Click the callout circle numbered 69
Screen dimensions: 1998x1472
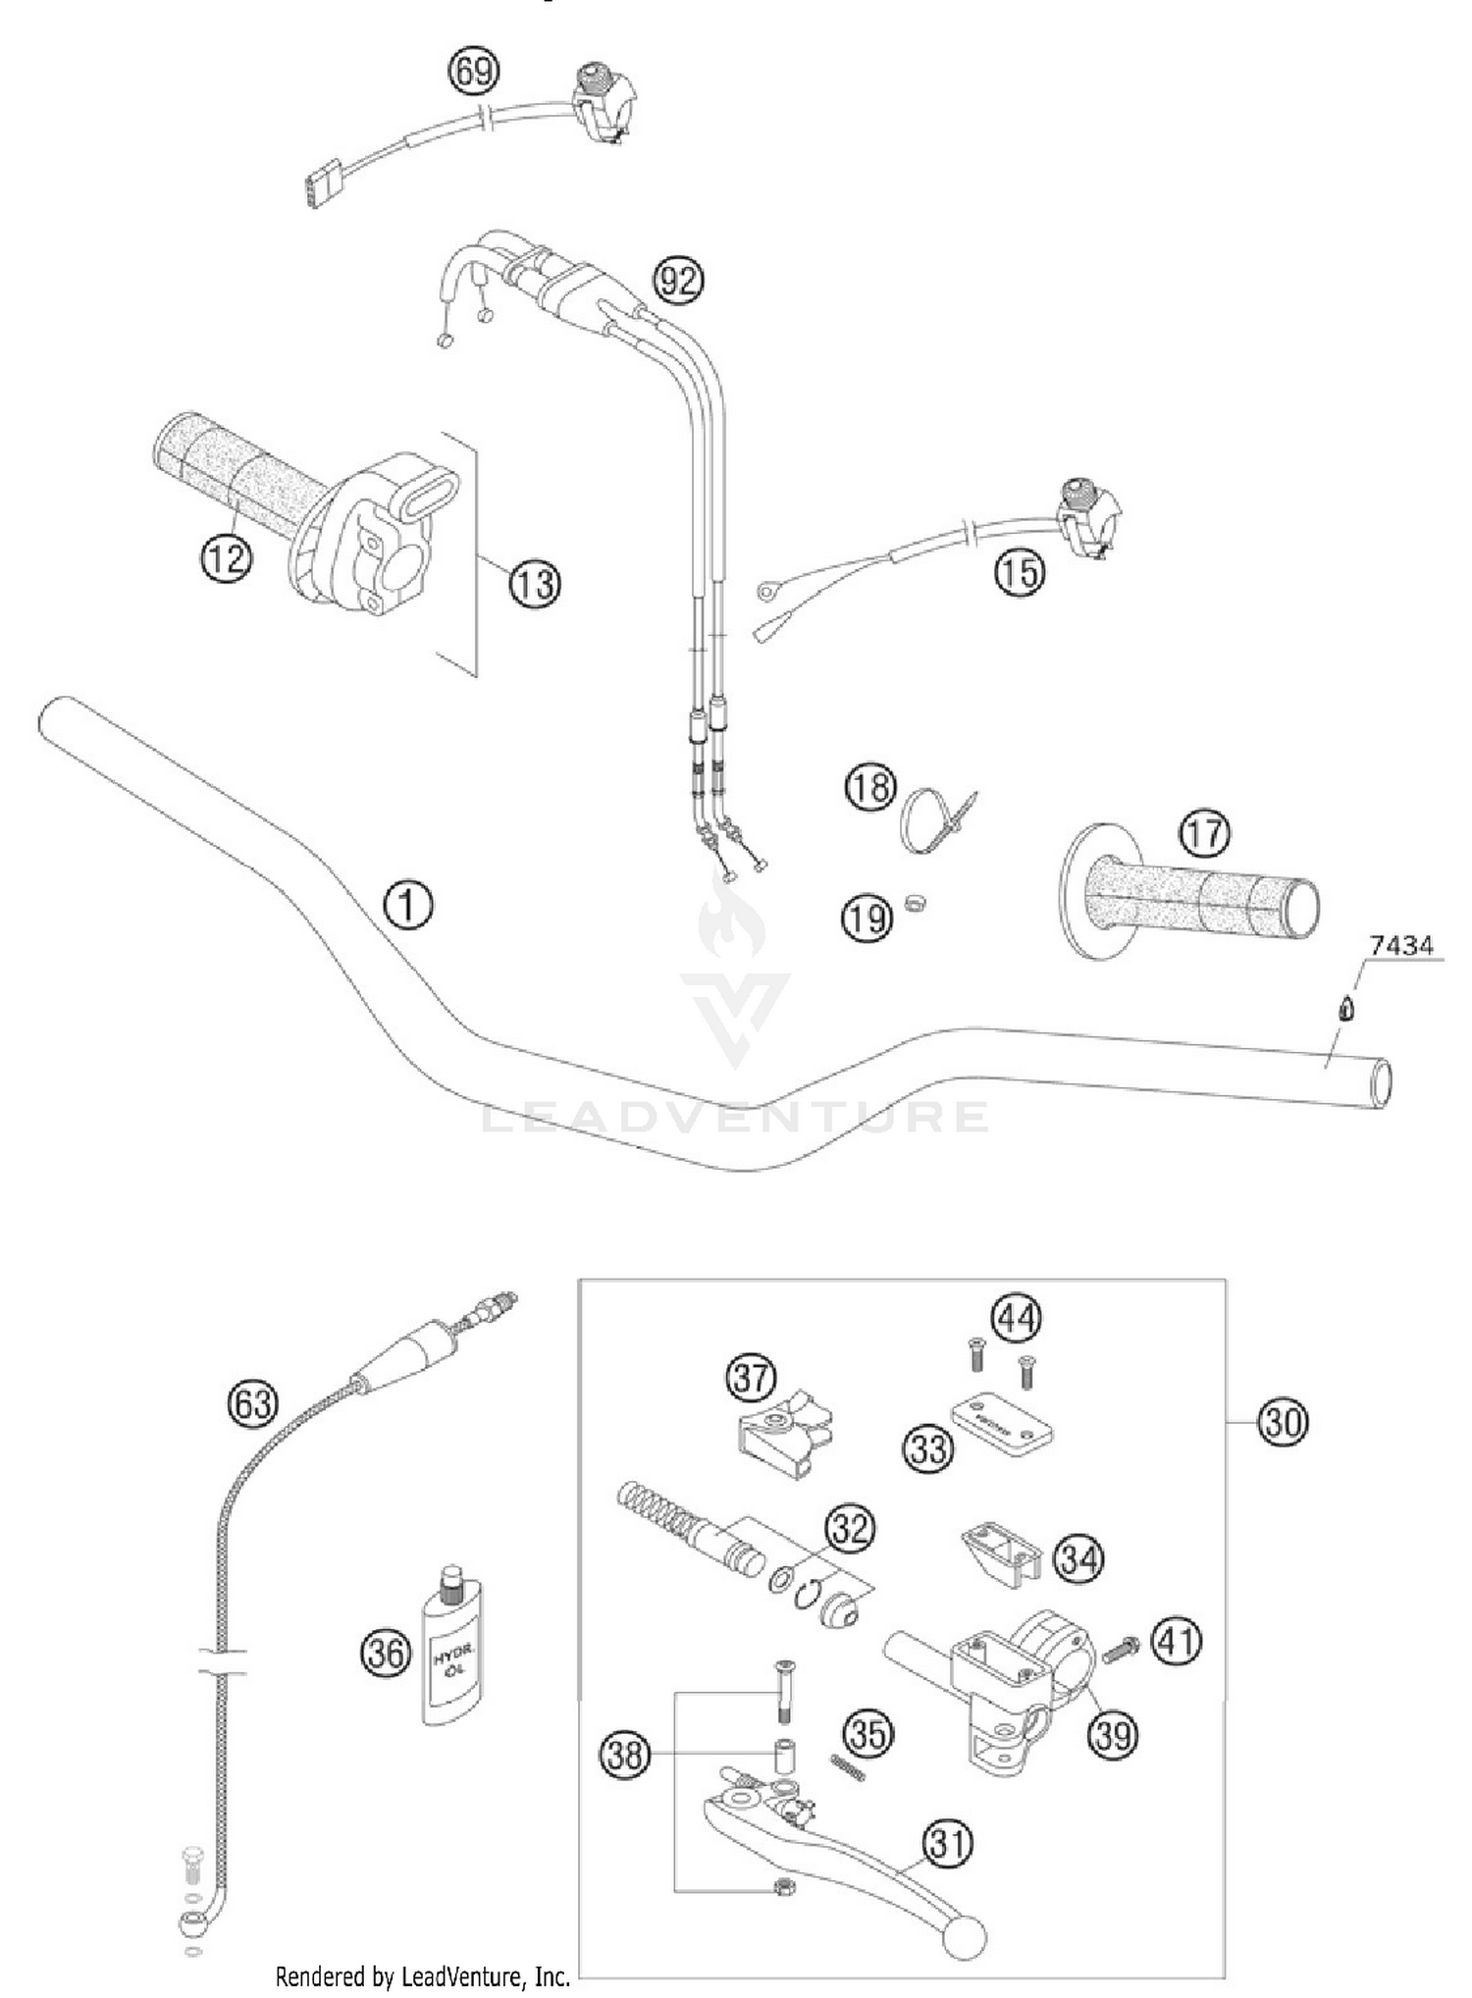[x=474, y=72]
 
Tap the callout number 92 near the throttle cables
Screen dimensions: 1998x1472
[x=679, y=282]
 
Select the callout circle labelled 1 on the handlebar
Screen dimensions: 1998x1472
[x=408, y=904]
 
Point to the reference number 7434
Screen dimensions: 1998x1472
[x=1400, y=946]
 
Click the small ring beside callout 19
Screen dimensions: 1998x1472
[x=916, y=904]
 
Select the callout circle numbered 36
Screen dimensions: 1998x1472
[x=385, y=1654]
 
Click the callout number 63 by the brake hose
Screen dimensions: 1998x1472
[x=253, y=1403]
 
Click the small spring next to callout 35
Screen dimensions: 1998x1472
[x=848, y=1767]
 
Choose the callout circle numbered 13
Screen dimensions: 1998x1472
[x=534, y=584]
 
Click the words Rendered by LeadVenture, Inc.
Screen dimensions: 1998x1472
[x=422, y=1975]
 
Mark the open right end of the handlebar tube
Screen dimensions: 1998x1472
[x=1381, y=1083]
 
